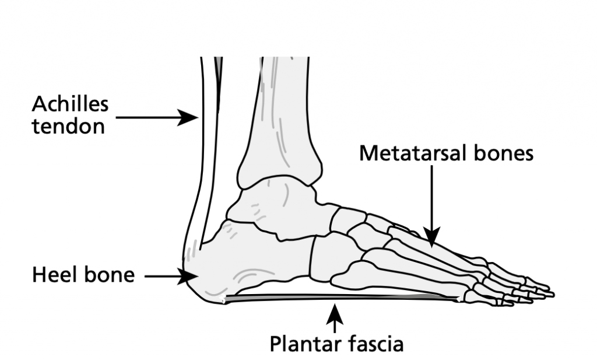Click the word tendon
click(68, 126)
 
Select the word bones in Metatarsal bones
click(505, 153)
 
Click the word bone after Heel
click(110, 274)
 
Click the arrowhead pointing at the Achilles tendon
click(190, 117)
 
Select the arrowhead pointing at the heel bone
click(189, 275)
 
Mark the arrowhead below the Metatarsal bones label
click(431, 236)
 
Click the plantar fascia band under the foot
click(338, 298)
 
